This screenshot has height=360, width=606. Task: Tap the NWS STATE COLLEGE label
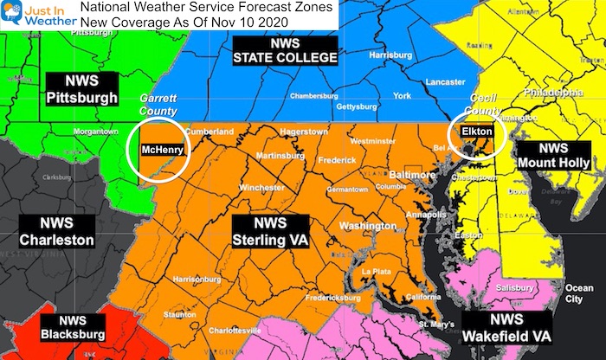pyautogui.click(x=273, y=50)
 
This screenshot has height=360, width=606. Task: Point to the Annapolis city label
pyautogui.click(x=418, y=213)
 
